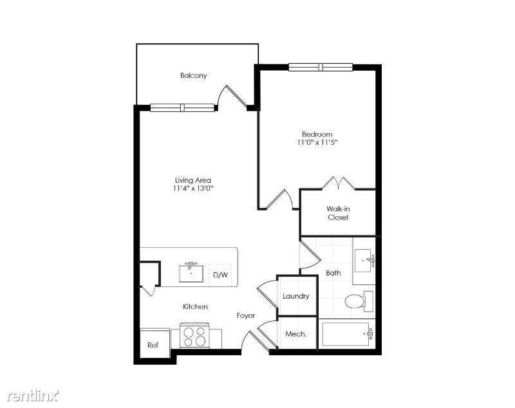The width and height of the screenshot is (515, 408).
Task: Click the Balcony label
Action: (194, 75)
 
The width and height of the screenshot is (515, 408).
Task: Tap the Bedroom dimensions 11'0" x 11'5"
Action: (317, 142)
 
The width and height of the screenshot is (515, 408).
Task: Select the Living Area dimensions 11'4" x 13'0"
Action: (194, 189)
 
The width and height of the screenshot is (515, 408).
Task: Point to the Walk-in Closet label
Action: (338, 213)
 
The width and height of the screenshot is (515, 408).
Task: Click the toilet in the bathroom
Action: (359, 301)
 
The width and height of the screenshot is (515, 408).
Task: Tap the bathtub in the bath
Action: (348, 334)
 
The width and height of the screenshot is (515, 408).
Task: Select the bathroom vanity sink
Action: (364, 260)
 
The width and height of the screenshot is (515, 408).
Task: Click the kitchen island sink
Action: (191, 272)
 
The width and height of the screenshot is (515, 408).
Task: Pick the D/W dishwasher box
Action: (220, 275)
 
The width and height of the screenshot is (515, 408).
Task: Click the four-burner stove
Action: (195, 336)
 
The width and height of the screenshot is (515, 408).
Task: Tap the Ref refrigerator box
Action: (153, 344)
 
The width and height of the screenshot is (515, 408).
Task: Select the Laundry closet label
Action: (296, 296)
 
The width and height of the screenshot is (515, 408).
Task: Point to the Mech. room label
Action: (296, 334)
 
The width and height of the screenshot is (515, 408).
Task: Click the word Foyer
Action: (246, 316)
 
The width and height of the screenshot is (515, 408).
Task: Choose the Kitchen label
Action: (195, 306)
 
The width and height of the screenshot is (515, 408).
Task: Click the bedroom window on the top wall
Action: (321, 68)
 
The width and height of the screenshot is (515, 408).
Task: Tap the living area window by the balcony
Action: (182, 107)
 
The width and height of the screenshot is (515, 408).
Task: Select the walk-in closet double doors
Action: (338, 183)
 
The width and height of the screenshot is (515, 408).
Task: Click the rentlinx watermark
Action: (33, 396)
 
